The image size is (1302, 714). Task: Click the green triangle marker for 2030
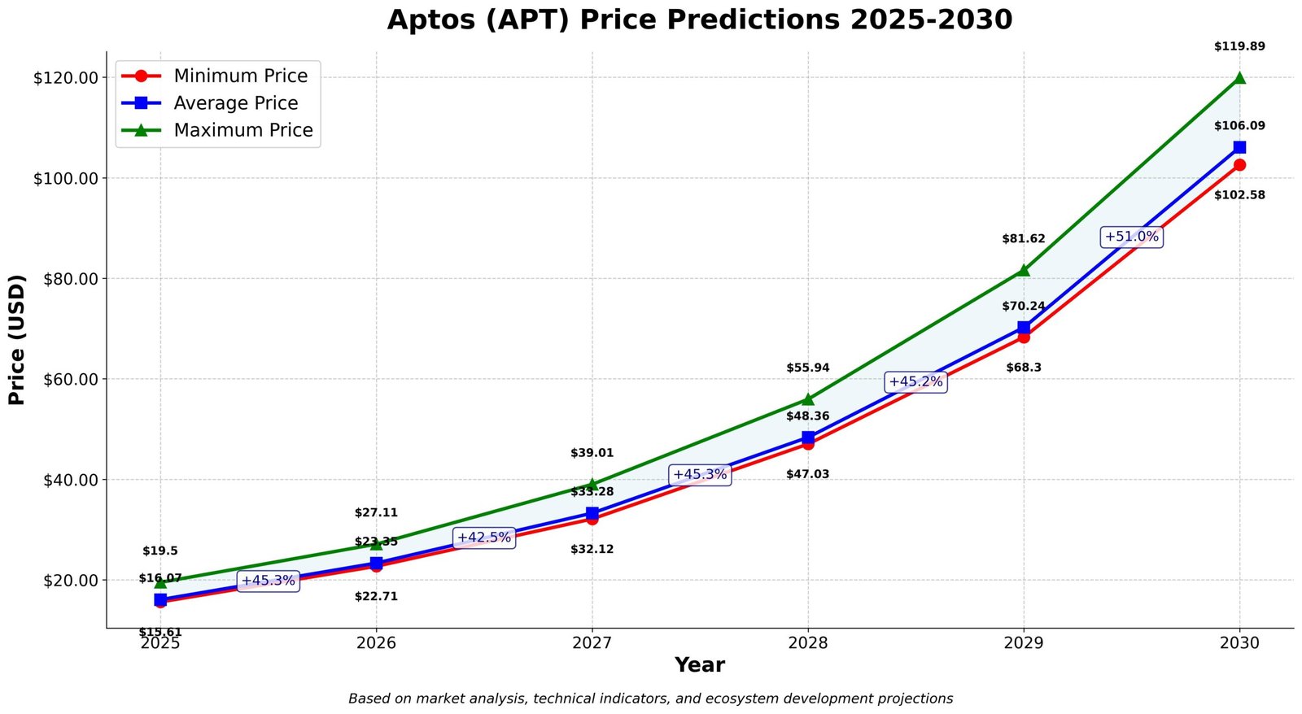(x=1239, y=78)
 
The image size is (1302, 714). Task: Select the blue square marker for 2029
(x=1024, y=328)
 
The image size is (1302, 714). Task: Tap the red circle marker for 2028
(x=808, y=444)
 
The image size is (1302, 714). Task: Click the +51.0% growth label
(x=1131, y=237)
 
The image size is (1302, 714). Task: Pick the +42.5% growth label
(x=484, y=538)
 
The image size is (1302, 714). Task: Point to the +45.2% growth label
(x=915, y=382)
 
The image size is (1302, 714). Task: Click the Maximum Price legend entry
(x=242, y=130)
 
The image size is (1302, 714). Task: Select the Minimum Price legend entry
(x=240, y=76)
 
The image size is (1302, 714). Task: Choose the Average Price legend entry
(x=235, y=103)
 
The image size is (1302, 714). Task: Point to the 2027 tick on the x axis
(x=592, y=643)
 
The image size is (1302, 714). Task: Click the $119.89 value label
(x=1239, y=46)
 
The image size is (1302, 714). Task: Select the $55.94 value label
(x=808, y=368)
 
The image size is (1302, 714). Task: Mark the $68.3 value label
(x=1024, y=368)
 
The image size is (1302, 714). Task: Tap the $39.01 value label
(x=592, y=453)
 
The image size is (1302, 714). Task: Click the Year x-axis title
(x=699, y=665)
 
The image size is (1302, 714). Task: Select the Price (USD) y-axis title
(x=17, y=340)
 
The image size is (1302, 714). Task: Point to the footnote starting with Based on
(x=650, y=699)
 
